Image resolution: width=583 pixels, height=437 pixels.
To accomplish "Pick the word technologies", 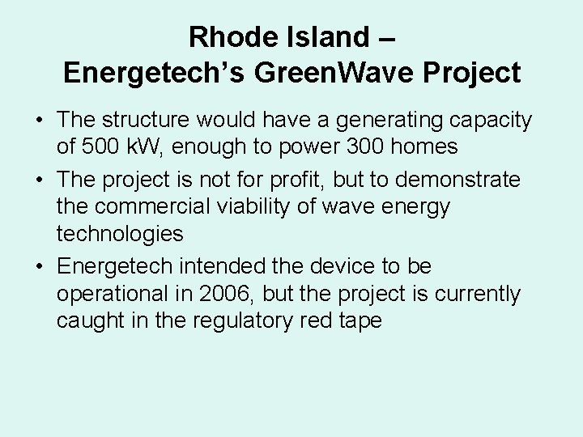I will point(120,235).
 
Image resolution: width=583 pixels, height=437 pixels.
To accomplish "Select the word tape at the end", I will point(359,321).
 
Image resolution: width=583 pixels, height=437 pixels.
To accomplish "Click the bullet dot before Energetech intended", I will point(40,265).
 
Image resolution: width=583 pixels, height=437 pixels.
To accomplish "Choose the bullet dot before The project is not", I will point(40,179).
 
